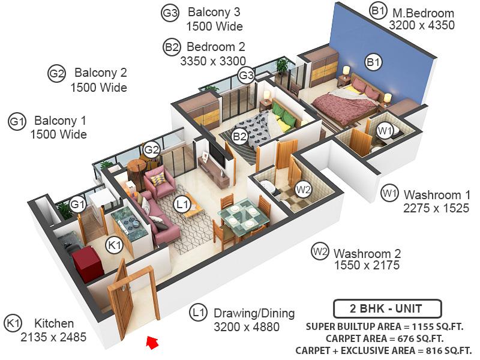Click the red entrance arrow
click(152, 342)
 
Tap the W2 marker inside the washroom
click(303, 190)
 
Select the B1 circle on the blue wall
click(373, 63)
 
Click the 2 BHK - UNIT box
click(387, 308)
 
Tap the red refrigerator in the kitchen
click(88, 264)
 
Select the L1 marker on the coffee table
click(182, 203)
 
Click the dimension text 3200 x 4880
click(247, 327)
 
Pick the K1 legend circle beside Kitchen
click(13, 323)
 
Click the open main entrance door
click(120, 300)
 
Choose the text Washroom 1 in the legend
click(437, 194)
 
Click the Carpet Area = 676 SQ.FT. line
click(385, 338)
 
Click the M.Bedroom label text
click(424, 13)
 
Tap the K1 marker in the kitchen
click(115, 245)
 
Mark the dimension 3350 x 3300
click(213, 61)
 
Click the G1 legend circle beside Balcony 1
click(17, 122)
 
